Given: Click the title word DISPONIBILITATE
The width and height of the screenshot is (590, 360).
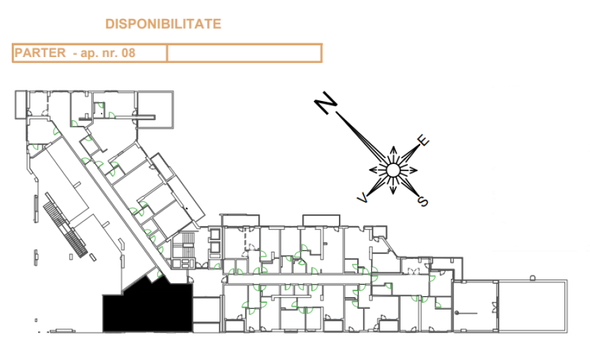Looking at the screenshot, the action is (163, 24).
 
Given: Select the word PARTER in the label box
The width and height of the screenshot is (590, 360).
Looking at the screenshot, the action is (40, 52).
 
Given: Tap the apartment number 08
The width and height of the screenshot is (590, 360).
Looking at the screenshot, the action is (128, 52).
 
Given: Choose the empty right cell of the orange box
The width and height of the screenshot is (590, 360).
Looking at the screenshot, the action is (245, 53).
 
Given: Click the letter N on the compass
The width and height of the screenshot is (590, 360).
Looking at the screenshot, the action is (325, 102).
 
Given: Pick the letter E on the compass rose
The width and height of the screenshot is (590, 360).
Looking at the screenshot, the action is (423, 140).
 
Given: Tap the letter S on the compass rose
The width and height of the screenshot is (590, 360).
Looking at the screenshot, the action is (423, 201).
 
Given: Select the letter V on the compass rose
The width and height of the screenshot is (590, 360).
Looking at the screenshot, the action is (363, 197).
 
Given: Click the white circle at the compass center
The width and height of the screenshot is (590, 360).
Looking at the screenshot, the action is (393, 170).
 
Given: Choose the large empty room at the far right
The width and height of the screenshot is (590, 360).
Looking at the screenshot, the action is (532, 306).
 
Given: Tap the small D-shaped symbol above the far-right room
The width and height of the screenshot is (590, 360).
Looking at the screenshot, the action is (532, 278).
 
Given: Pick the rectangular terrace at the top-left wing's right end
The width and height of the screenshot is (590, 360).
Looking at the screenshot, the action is (155, 110).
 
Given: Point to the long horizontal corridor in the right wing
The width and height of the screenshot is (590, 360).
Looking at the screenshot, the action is (327, 279).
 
